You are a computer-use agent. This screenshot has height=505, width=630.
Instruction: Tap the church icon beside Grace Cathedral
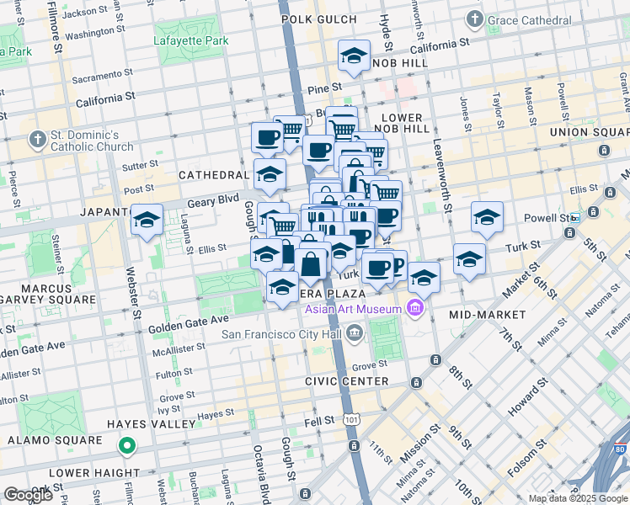tap(476, 19)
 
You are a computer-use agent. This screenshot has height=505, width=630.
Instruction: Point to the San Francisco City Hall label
tap(283, 334)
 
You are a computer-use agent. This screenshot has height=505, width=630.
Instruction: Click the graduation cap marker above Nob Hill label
tap(353, 56)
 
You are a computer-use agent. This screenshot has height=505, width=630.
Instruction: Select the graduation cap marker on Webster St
tap(147, 221)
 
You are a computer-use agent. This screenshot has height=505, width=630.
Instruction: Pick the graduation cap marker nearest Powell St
tap(487, 217)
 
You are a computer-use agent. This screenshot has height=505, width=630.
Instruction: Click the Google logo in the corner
tap(28, 495)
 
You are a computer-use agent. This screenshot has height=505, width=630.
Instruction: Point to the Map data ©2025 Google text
tap(578, 498)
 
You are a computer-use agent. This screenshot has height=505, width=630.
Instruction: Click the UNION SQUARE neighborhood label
tap(589, 132)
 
